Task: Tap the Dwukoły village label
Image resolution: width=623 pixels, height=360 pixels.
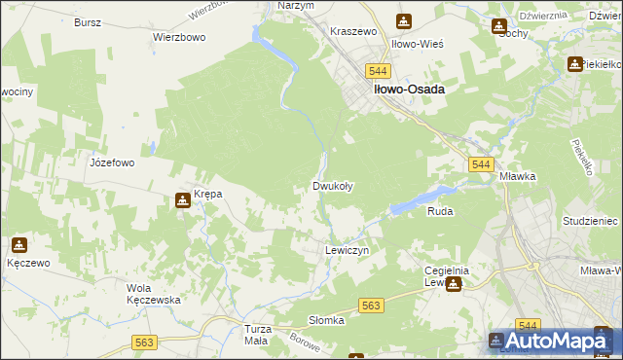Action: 332,185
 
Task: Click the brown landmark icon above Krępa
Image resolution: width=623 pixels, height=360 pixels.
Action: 182,201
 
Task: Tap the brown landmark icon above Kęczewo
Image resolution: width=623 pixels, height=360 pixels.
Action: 18,244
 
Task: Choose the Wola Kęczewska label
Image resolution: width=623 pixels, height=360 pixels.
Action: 154,294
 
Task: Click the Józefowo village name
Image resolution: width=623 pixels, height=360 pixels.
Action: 112,162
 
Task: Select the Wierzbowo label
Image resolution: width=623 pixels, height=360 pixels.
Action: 178,37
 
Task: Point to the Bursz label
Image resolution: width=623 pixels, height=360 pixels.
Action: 89,20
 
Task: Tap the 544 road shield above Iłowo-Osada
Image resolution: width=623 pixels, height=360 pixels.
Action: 379,71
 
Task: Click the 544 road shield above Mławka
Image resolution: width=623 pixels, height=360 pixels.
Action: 479,165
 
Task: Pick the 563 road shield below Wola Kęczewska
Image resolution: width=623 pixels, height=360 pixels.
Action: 145,342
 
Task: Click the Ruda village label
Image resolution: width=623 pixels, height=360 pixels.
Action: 440,210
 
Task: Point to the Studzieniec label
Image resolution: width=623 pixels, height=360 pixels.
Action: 590,221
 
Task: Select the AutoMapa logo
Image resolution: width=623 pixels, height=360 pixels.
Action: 552,341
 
